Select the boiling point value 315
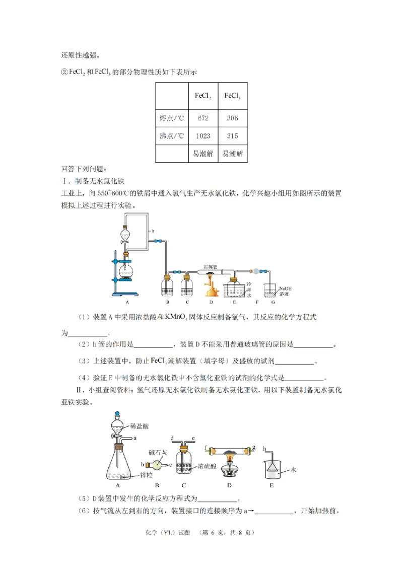click(x=232, y=136)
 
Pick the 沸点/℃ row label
click(x=171, y=136)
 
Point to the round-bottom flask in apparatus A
click(x=126, y=274)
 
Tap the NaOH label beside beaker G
click(x=285, y=288)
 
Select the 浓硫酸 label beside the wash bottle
click(x=209, y=466)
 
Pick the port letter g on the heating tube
click(x=254, y=447)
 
